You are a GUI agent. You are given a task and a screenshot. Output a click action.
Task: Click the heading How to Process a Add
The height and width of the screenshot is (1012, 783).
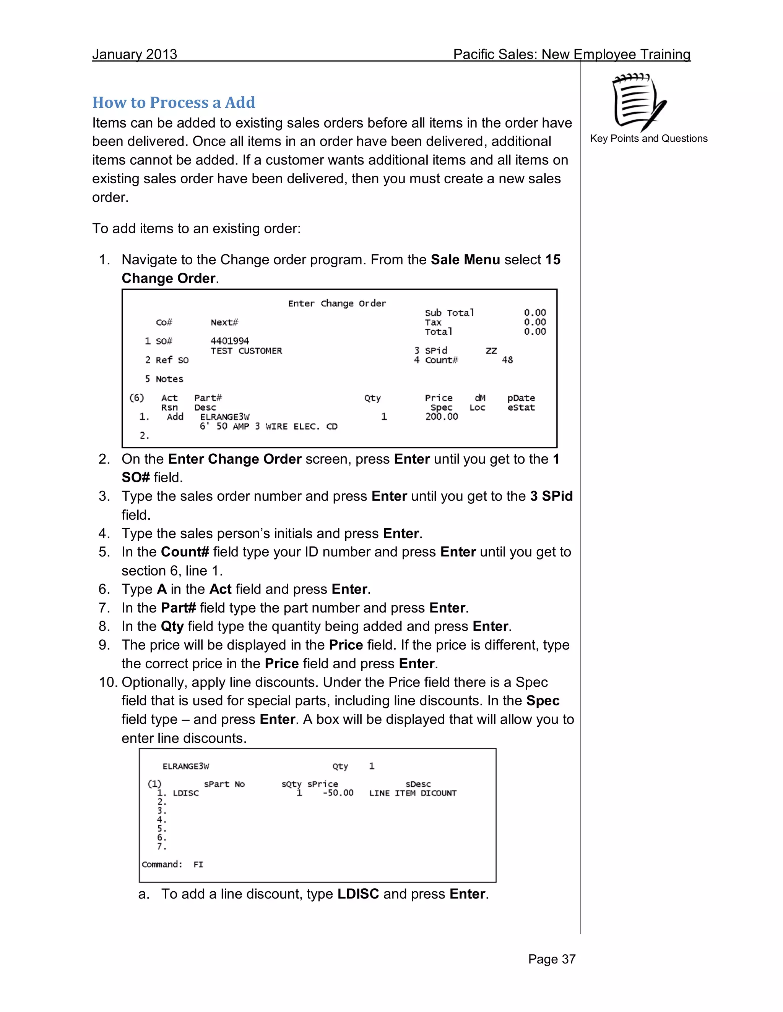pyautogui.click(x=174, y=102)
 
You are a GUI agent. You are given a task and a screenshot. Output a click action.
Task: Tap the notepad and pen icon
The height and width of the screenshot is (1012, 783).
pyautogui.click(x=639, y=103)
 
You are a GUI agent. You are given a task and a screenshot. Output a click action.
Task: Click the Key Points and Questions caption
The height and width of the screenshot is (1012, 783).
pyautogui.click(x=648, y=139)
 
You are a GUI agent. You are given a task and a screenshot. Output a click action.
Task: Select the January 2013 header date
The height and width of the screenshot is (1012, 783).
pyautogui.click(x=135, y=54)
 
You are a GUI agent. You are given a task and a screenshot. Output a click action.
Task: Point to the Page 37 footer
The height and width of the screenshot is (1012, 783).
pyautogui.click(x=552, y=959)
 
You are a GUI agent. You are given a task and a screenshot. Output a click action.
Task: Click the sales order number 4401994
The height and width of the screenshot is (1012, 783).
pyautogui.click(x=230, y=341)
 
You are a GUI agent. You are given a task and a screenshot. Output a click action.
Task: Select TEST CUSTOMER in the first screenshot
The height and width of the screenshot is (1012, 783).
pyautogui.click(x=246, y=351)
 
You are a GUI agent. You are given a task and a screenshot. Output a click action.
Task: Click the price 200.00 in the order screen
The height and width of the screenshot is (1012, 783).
pyautogui.click(x=441, y=417)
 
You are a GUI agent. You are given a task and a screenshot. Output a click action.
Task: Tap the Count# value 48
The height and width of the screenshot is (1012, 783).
pyautogui.click(x=507, y=360)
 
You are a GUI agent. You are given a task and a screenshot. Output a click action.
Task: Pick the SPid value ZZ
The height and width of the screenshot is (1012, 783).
pyautogui.click(x=491, y=351)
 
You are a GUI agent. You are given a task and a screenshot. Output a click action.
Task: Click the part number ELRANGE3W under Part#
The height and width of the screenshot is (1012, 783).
pyautogui.click(x=224, y=417)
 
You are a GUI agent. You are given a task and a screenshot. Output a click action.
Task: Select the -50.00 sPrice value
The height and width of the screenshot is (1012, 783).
pyautogui.click(x=338, y=793)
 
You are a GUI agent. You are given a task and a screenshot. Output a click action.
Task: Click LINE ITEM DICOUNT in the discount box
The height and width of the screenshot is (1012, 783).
pyautogui.click(x=413, y=793)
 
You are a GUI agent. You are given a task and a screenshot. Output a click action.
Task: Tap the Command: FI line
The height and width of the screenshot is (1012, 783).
pyautogui.click(x=172, y=864)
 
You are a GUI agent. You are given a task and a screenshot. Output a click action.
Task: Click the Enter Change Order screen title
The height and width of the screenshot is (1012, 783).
pyautogui.click(x=337, y=304)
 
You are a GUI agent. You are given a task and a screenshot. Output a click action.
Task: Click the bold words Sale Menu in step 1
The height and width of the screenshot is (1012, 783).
pyautogui.click(x=465, y=259)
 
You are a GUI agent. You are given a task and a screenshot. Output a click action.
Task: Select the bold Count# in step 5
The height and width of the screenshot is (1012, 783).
pyautogui.click(x=185, y=552)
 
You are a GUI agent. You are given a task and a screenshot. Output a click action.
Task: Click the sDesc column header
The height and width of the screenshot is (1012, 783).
pyautogui.click(x=418, y=784)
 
